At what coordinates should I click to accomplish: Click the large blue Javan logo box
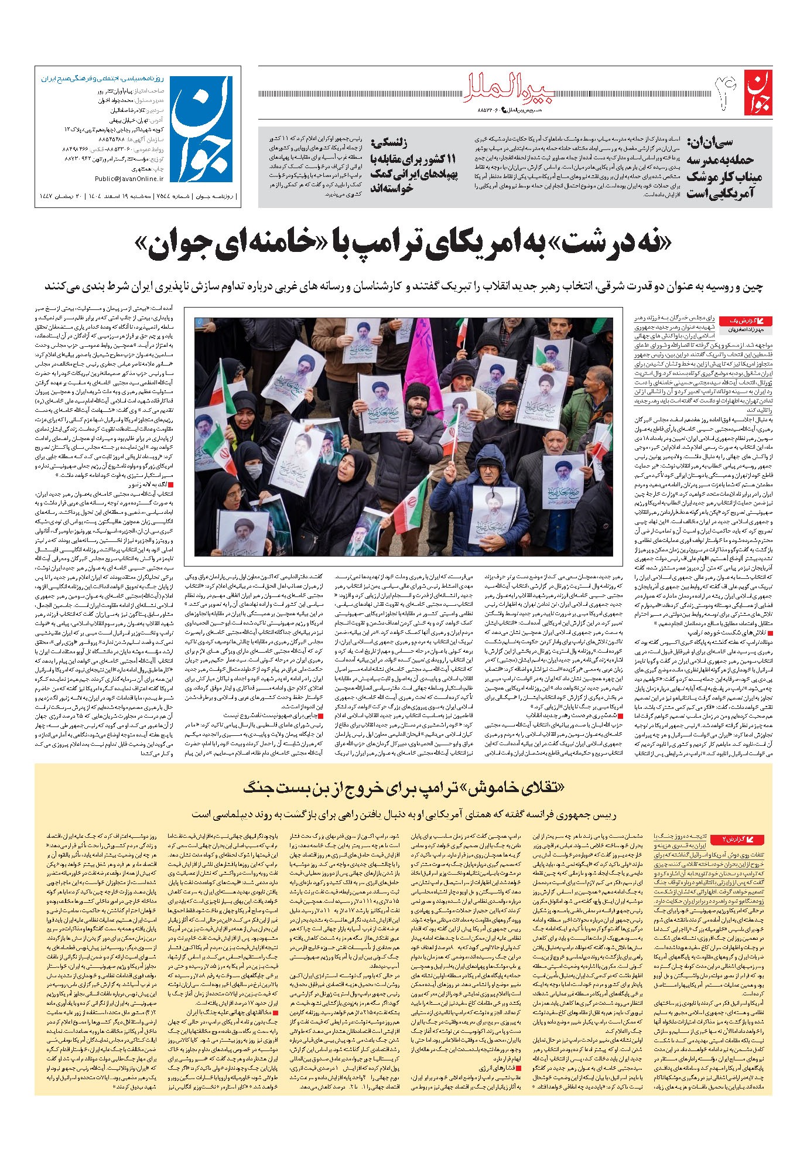point(203,128)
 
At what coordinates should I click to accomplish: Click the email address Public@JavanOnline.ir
point(128,179)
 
